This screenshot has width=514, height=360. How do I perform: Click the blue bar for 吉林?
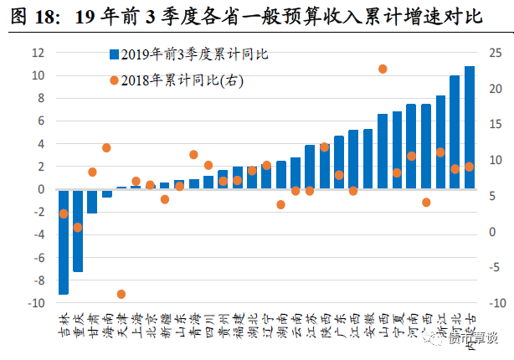tap(64, 242)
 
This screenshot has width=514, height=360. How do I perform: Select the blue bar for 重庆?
tap(78, 231)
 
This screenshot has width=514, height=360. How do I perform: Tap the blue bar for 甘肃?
tap(92, 202)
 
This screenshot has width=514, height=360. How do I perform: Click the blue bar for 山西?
tap(383, 152)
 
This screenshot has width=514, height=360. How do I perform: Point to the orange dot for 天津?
tap(121, 294)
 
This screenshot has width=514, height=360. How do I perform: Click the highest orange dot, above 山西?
tap(383, 69)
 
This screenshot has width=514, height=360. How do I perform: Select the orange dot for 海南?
tap(106, 147)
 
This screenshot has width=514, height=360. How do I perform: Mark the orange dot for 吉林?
tap(64, 213)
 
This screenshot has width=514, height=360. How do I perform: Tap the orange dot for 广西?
tap(426, 203)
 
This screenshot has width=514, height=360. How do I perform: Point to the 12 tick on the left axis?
tap(38, 52)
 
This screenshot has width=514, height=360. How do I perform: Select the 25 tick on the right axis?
tap(495, 52)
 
